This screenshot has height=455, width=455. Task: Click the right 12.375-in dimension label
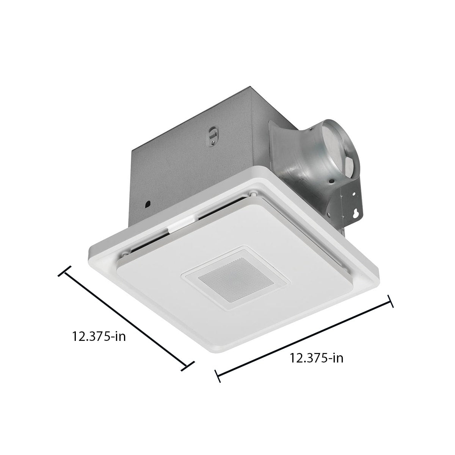[x=317, y=358]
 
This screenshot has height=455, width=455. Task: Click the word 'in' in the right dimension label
[x=337, y=358]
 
